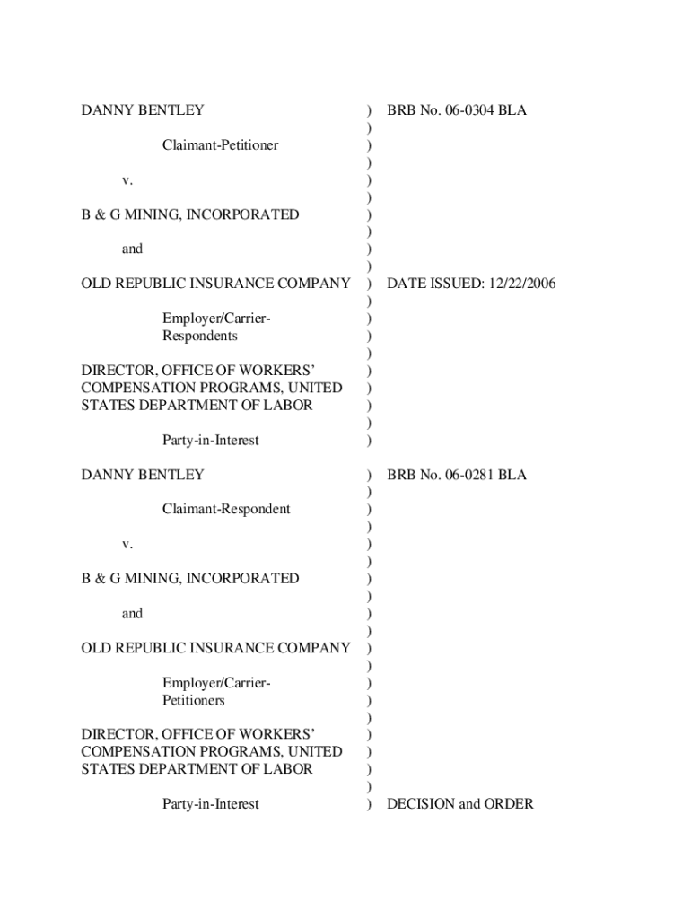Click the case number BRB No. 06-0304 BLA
click(457, 110)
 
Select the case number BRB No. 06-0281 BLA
click(457, 475)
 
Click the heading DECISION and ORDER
click(459, 804)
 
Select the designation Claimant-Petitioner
click(220, 144)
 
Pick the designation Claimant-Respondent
click(226, 509)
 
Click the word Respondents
click(200, 336)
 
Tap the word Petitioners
click(194, 700)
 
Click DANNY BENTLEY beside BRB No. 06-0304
click(143, 110)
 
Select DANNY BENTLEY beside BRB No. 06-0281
click(143, 475)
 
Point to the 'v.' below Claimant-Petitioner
click(127, 180)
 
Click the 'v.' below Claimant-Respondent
click(127, 544)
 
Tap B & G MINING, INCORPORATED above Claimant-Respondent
click(190, 214)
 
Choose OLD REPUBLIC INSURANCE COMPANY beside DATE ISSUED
click(215, 284)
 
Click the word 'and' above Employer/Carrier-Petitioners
click(132, 614)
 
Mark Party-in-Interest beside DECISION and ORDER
click(210, 804)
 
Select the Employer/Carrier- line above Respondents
click(216, 319)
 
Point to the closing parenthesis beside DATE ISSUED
click(369, 284)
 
